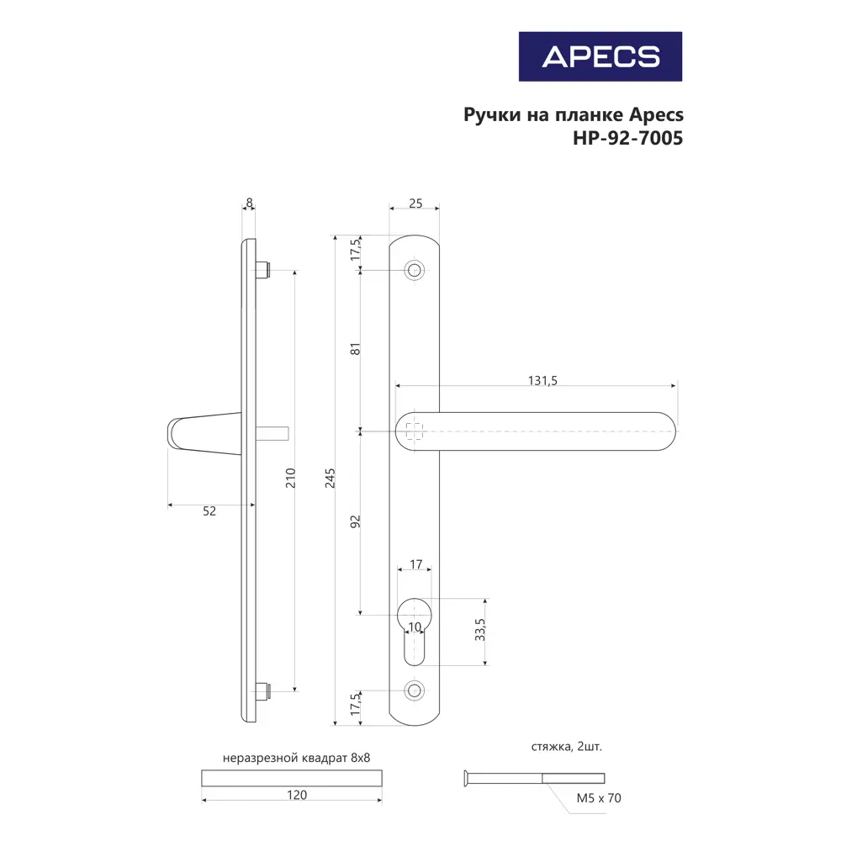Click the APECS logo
[600, 56]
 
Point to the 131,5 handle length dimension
[542, 380]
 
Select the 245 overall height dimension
[331, 477]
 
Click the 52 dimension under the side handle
[209, 511]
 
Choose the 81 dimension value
[355, 349]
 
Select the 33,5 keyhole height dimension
[479, 632]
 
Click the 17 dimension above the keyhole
[415, 565]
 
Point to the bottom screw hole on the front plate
[414, 690]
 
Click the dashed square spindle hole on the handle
[414, 431]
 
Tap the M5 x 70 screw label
[598, 798]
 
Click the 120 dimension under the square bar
[296, 795]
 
